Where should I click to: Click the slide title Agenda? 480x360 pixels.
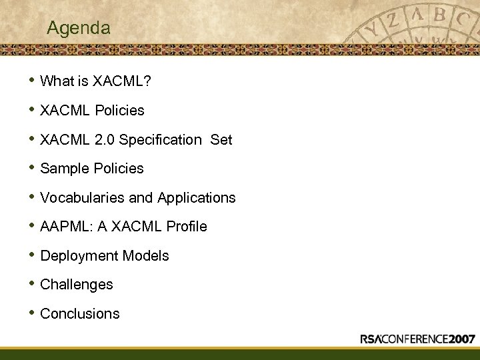(x=79, y=29)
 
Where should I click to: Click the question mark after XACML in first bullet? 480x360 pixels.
(x=147, y=81)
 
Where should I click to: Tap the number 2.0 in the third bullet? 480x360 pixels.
(x=106, y=139)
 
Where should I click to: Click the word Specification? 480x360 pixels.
(x=161, y=139)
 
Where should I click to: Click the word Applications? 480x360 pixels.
(x=197, y=198)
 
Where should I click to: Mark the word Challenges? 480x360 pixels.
(x=77, y=285)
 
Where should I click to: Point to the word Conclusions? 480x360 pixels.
(x=80, y=314)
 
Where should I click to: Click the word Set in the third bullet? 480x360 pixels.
(x=221, y=139)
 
